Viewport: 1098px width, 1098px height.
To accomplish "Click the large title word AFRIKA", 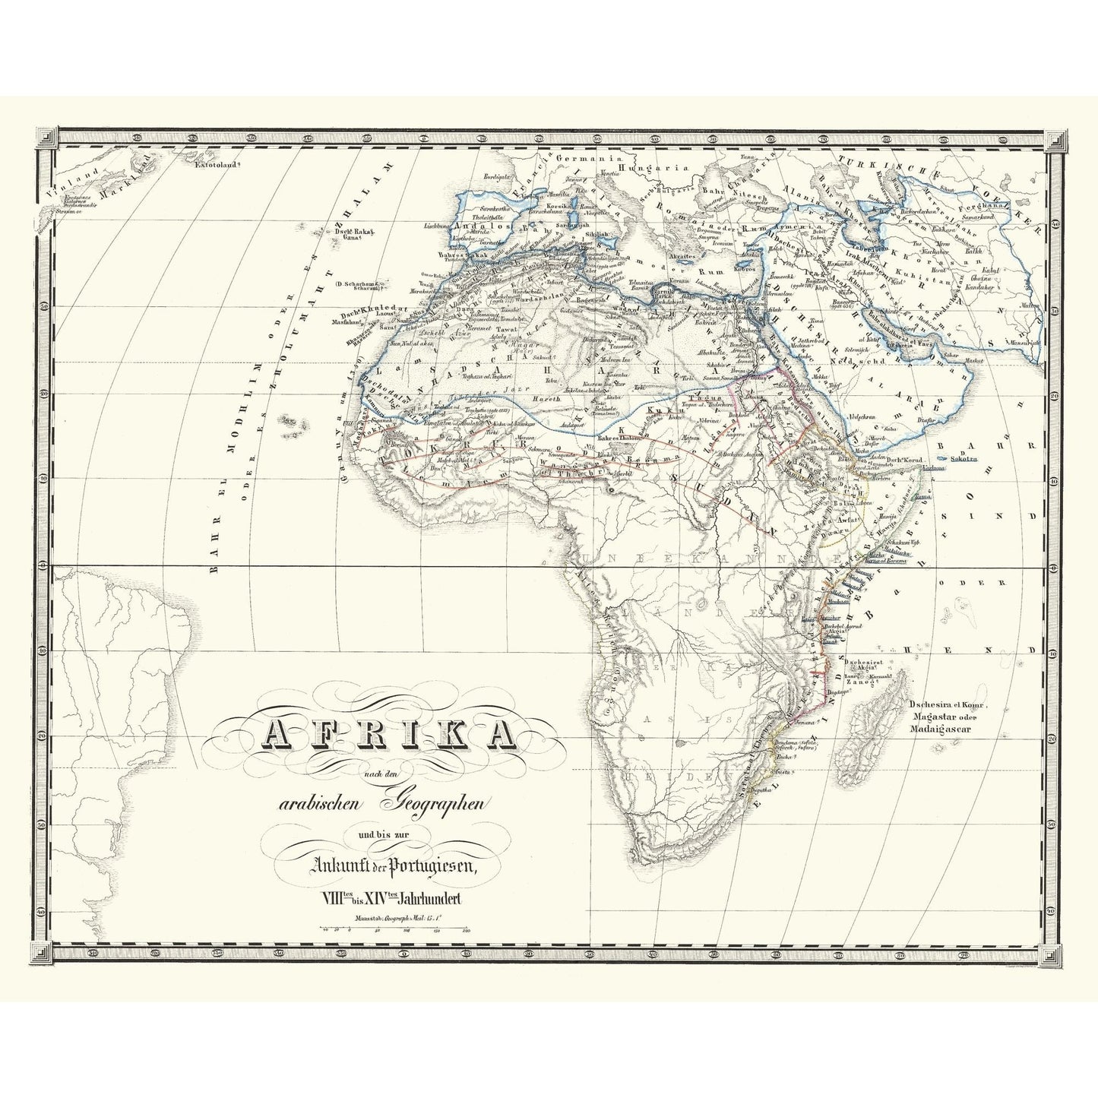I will [x=388, y=735].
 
